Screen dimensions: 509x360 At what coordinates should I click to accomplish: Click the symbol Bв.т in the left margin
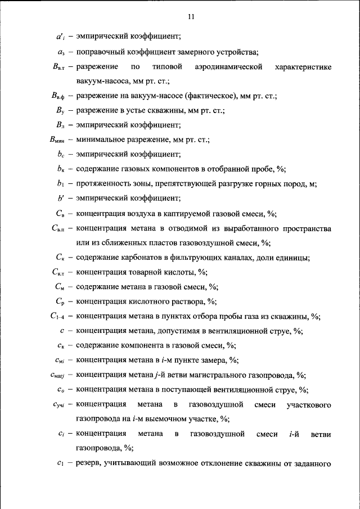[57, 67]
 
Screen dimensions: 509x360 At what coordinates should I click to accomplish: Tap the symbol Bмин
[57, 141]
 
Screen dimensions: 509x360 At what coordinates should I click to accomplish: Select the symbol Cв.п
[58, 229]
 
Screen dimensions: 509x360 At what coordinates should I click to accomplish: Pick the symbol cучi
[59, 404]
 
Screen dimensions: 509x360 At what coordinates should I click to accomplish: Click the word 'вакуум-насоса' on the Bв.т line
[99, 82]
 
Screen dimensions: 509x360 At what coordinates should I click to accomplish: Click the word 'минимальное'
[98, 141]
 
